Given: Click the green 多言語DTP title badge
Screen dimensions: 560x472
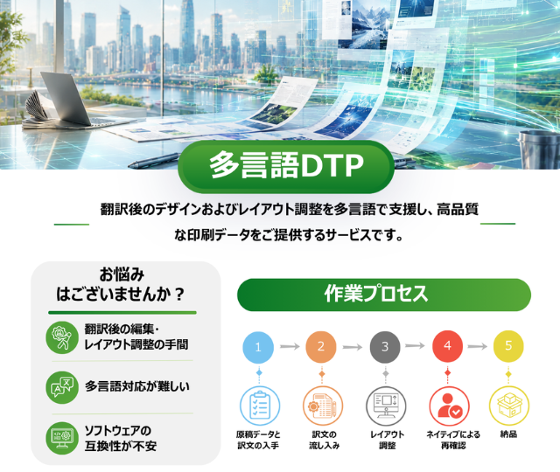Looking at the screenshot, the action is pos(286,166).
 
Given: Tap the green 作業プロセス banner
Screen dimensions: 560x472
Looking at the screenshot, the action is pos(384,295).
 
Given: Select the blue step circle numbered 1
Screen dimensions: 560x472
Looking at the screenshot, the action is pos(258,347).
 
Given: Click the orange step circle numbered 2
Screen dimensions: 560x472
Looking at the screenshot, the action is pos(321,347).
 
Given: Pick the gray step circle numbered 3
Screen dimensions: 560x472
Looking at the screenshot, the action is pos(385,347).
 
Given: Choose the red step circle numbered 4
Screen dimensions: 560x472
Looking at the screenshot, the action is pos(447,346).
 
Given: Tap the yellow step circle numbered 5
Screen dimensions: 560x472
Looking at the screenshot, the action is pos(508,346).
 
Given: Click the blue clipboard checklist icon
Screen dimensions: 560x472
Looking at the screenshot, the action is pos(259,406).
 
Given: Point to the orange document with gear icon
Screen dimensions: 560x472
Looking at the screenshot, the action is pos(323,406).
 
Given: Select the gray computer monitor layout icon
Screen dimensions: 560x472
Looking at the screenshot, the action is pos(386,406).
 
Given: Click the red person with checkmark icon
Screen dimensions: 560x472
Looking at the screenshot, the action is pos(449,406).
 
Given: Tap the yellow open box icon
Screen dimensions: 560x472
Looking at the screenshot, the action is pos(508,406).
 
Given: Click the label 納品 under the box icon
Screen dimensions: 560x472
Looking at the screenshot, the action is pos(508,434).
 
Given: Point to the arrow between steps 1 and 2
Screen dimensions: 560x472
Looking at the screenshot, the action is pos(290,346).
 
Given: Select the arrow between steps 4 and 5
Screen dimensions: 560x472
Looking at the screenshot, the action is pos(478,346).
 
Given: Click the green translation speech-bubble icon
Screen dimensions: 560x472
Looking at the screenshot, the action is pos(62,387).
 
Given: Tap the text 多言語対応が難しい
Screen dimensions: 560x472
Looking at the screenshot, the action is pos(137,386).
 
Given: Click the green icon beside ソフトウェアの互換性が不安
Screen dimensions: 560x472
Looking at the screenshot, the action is pos(62,438).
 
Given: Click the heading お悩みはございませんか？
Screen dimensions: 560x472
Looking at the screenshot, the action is pos(121,285).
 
